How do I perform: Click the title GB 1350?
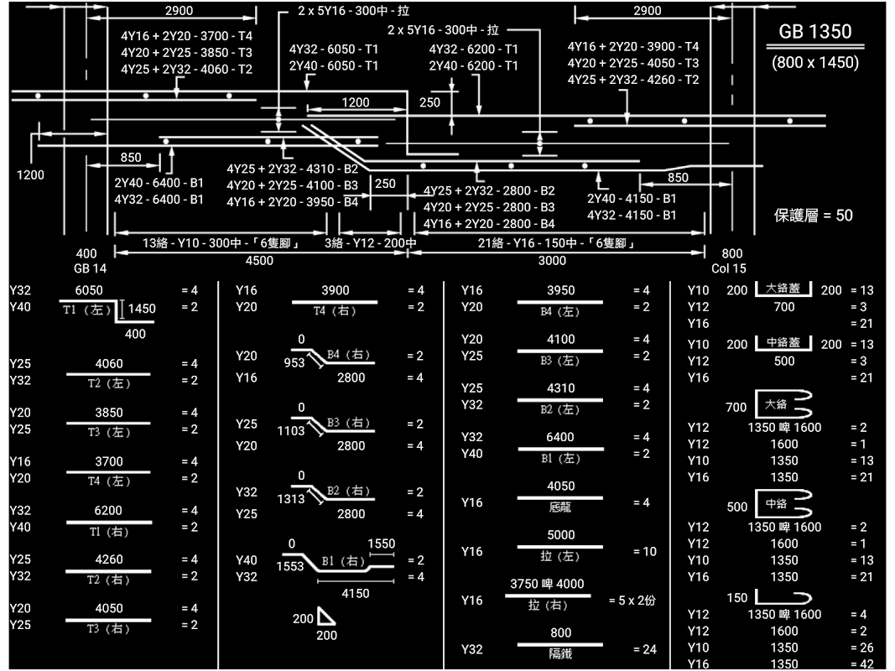click(x=814, y=32)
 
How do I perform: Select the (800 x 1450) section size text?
click(x=814, y=63)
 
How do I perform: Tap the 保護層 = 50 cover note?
click(x=813, y=216)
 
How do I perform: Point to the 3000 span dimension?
click(x=552, y=261)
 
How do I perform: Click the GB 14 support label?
click(x=86, y=269)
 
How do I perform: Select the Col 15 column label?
click(x=728, y=269)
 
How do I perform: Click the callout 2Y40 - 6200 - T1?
click(x=473, y=65)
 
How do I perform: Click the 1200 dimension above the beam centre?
click(x=356, y=102)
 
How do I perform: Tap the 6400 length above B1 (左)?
click(x=560, y=437)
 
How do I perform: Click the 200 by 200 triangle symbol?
click(x=326, y=619)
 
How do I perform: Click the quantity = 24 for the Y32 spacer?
click(x=642, y=649)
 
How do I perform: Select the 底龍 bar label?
click(x=560, y=507)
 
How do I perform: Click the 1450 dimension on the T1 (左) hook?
click(x=141, y=309)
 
